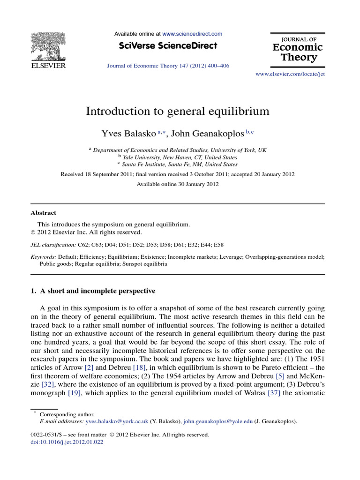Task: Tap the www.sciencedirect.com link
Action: (x=192, y=34)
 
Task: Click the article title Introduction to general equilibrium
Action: (x=178, y=111)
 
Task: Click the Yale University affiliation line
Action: (x=181, y=157)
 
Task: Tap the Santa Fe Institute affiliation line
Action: (x=180, y=165)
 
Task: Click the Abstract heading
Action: (x=43, y=213)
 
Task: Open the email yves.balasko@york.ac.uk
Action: (x=116, y=421)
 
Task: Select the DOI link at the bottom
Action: (x=67, y=442)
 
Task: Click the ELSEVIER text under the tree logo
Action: (x=48, y=66)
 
